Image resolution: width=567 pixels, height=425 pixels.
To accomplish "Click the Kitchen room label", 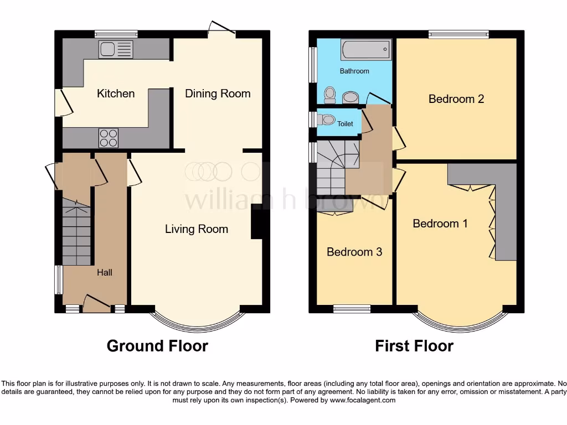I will tap(116, 94).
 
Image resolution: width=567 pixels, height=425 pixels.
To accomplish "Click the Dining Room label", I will tap(218, 94).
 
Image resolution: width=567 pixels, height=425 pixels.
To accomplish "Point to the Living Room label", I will tap(197, 229).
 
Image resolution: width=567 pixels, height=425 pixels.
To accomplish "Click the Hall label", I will tap(105, 272).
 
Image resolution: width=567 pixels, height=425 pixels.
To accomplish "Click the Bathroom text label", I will tap(354, 71).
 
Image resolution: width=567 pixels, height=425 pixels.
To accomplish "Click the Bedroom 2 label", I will tap(456, 99).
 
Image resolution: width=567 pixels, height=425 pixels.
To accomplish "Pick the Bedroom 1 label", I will tap(440, 224).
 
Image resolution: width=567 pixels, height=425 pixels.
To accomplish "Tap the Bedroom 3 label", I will tap(354, 252).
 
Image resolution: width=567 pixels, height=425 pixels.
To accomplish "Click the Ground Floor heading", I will tap(157, 346).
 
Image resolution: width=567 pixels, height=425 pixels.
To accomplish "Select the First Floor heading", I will tap(414, 346).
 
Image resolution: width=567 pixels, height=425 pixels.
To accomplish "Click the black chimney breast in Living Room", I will tap(256, 222).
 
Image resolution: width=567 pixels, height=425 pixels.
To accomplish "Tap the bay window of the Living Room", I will tap(197, 323).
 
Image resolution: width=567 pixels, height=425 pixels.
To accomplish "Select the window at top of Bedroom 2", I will tap(458, 34).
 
